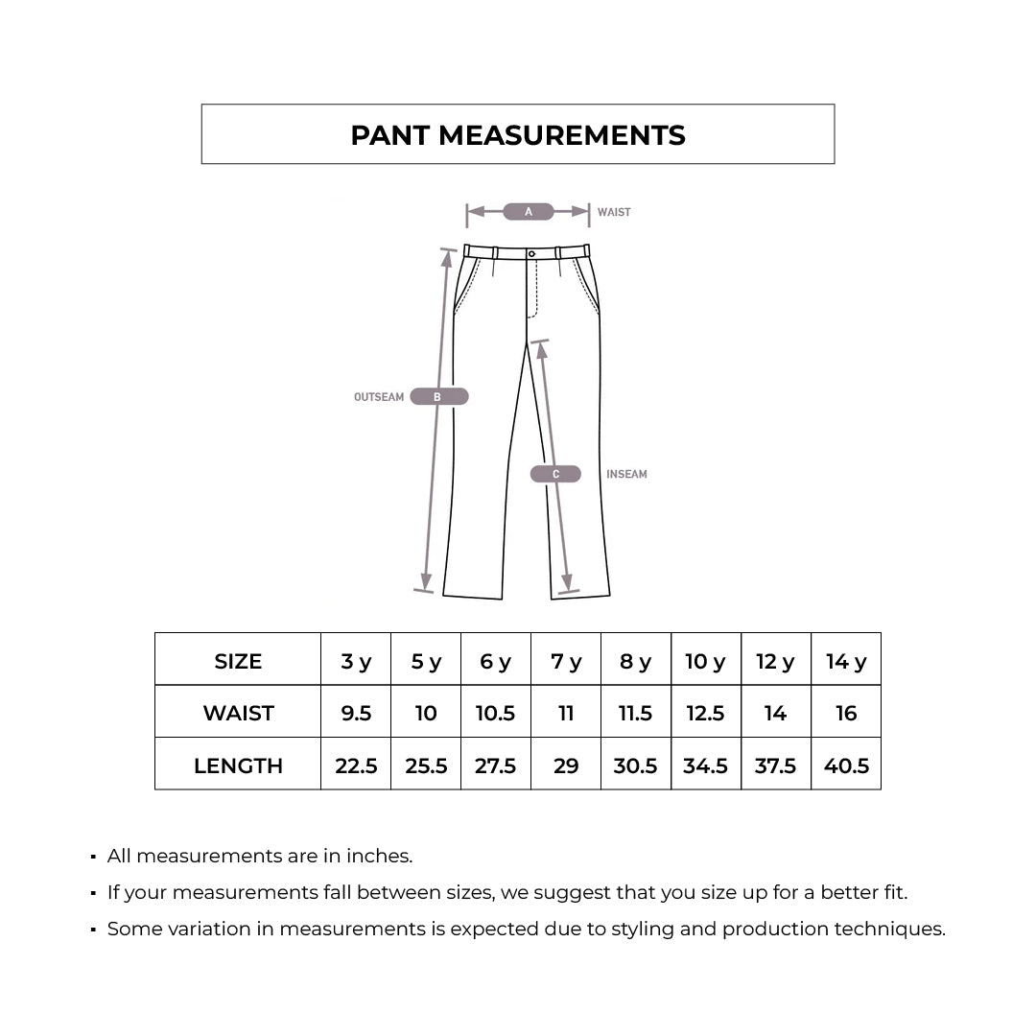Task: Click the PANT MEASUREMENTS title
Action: [518, 135]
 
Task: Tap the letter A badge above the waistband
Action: [529, 212]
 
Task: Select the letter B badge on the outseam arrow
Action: [438, 397]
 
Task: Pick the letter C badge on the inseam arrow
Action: [555, 474]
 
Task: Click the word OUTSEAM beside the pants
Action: [379, 397]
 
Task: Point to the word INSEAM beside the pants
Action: [626, 474]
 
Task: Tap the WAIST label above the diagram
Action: [614, 212]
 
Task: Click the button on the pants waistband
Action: [531, 253]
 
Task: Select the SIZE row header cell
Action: [238, 662]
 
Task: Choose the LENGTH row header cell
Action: [238, 765]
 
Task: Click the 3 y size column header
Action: [356, 662]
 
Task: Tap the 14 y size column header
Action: [846, 662]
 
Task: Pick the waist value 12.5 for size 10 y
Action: [705, 714]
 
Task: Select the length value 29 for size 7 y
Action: [566, 765]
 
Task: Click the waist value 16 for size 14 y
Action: [846, 714]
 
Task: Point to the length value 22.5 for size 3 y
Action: [356, 765]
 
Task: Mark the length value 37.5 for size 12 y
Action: [775, 765]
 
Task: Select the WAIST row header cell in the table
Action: [238, 714]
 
